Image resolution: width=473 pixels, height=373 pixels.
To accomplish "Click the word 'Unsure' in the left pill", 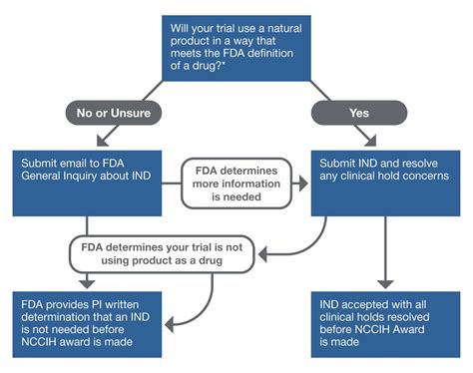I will tap(137, 113).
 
